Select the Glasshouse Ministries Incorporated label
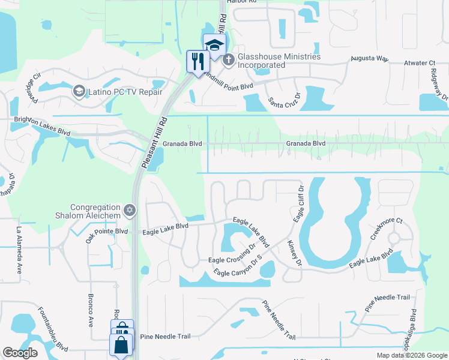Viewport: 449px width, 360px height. click(x=279, y=61)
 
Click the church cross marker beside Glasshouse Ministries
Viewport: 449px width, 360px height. click(x=229, y=60)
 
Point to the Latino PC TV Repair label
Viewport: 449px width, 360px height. click(x=124, y=92)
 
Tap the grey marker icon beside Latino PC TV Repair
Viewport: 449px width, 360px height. click(x=78, y=91)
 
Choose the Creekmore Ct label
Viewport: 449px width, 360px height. click(x=386, y=229)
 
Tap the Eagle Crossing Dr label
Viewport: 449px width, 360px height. click(x=232, y=259)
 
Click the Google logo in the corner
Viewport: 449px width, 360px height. click(x=20, y=353)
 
